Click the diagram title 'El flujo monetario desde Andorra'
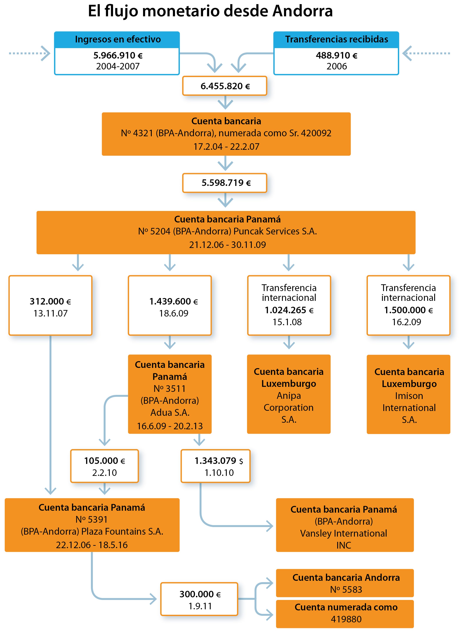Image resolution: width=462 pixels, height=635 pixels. pyautogui.click(x=210, y=11)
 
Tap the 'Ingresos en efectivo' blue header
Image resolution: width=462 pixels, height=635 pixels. pyautogui.click(x=117, y=39)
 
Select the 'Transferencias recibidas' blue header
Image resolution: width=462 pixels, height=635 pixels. pyautogui.click(x=336, y=39)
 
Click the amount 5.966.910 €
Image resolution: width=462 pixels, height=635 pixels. pyautogui.click(x=118, y=56)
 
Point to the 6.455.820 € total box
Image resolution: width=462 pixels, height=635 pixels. pyautogui.click(x=225, y=86)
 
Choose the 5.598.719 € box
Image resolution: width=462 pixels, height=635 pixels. pyautogui.click(x=225, y=183)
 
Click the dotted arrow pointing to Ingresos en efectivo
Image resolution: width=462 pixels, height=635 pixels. pyautogui.click(x=29, y=53)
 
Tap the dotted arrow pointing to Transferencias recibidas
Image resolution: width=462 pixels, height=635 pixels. pyautogui.click(x=426, y=53)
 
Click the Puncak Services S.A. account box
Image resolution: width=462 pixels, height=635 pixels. pyautogui.click(x=226, y=232)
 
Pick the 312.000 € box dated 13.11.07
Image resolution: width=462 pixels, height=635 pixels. pyautogui.click(x=50, y=305)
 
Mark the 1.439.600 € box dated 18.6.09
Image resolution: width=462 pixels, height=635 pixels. pyautogui.click(x=170, y=305)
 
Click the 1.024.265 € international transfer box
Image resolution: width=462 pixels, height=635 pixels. pyautogui.click(x=289, y=305)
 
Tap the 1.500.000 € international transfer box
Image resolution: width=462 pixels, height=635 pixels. pyautogui.click(x=409, y=305)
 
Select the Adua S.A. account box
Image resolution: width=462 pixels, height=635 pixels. pyautogui.click(x=170, y=394)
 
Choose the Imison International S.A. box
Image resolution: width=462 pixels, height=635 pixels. pyautogui.click(x=409, y=394)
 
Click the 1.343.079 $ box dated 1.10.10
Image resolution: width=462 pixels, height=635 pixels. pyautogui.click(x=216, y=466)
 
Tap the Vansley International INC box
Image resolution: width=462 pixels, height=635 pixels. pyautogui.click(x=345, y=525)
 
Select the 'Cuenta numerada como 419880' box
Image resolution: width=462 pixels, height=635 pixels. pyautogui.click(x=345, y=614)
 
